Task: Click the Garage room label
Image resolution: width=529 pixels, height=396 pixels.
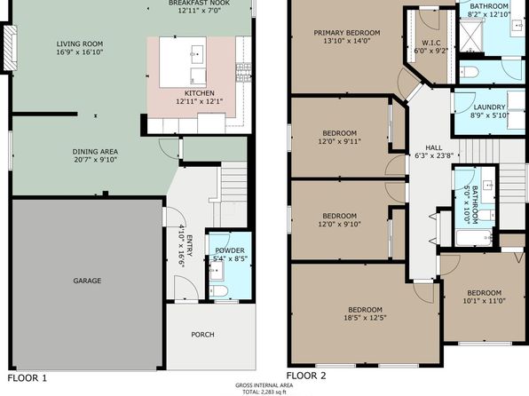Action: pos(87,281)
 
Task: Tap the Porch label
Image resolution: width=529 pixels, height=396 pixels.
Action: pos(202,335)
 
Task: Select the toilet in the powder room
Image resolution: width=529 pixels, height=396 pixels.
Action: pos(218,291)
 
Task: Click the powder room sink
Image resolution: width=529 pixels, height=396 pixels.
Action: pos(217,271)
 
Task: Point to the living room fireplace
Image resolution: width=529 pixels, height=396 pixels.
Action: pos(11,48)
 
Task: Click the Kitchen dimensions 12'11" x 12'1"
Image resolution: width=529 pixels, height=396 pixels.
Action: pos(200,101)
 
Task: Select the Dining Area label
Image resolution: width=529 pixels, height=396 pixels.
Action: pos(95,152)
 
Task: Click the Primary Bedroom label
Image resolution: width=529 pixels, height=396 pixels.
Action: pos(347,33)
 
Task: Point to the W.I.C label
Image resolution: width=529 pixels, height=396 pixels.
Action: pos(431,43)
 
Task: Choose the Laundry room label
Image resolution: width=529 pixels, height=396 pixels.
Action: pos(489,107)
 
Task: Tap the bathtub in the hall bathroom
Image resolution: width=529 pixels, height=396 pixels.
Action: pos(474,238)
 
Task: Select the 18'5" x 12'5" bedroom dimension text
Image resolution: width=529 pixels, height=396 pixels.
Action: pos(365,318)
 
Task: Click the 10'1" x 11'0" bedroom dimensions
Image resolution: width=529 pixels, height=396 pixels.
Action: pos(484,301)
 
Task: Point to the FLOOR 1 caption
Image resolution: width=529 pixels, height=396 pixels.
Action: pos(28,378)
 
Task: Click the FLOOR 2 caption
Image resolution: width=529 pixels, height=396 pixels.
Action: pos(306,376)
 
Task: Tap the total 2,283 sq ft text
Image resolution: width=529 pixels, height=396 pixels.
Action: pos(264,392)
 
